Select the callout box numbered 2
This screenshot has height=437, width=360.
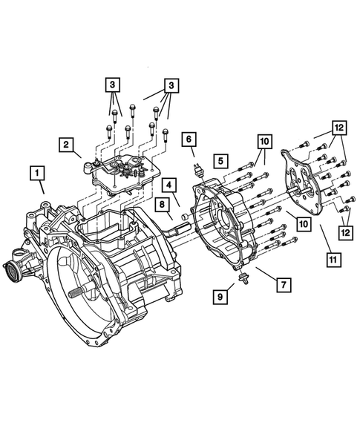67,144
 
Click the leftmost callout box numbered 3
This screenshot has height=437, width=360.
111,85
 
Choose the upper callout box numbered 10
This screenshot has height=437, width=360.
265,140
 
